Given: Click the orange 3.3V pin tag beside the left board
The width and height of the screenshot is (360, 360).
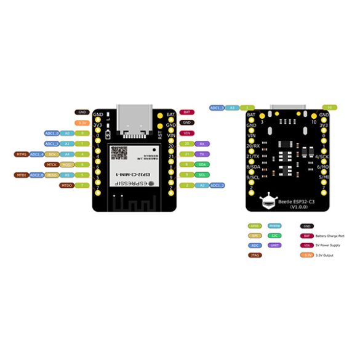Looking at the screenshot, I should [82, 122].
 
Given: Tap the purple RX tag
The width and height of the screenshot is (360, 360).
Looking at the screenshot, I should [202, 143].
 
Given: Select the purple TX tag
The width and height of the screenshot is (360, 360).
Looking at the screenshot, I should [202, 154].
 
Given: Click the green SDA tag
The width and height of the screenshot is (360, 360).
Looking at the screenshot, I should [202, 164].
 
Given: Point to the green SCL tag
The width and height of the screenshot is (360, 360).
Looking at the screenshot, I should [202, 175].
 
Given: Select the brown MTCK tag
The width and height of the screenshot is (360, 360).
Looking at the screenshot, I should [52, 164].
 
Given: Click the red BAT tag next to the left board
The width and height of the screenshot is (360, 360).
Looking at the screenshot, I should [186, 112].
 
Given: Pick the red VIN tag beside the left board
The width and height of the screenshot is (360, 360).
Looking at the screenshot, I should [186, 133].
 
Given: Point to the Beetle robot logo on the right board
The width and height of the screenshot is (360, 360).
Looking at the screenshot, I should [266, 201].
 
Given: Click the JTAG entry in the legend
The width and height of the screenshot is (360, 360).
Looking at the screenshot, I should [254, 255].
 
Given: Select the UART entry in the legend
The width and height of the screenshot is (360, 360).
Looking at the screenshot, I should [274, 245].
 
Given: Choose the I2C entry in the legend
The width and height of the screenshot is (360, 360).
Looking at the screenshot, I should [274, 236].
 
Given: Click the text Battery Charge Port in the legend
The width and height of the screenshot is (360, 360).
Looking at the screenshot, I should [330, 236].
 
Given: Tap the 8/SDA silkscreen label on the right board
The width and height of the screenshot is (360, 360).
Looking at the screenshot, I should [253, 167].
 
